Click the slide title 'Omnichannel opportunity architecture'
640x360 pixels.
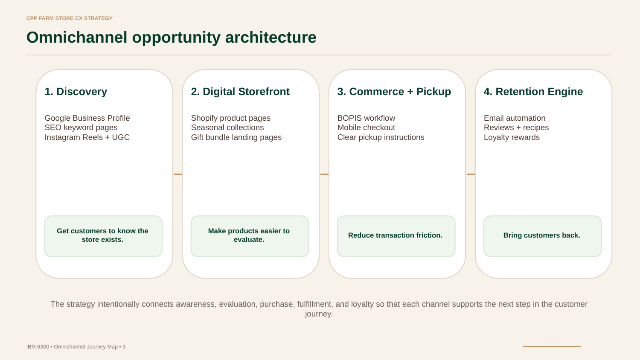click(172, 38)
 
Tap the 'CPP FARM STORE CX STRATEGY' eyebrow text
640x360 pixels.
click(70, 18)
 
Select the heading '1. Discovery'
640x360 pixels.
click(76, 92)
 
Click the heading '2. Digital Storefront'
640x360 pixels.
click(240, 92)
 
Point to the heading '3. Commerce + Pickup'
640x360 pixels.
click(394, 92)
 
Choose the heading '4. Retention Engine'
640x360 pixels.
click(533, 92)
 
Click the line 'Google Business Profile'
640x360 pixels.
click(87, 118)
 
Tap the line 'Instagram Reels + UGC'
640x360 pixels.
click(87, 137)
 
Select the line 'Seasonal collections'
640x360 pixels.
click(227, 128)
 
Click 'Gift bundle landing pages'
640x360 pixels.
click(236, 137)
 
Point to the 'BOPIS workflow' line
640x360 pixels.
click(366, 118)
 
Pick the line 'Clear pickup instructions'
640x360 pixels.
click(381, 137)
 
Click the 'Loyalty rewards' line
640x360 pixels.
click(512, 137)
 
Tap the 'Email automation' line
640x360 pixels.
click(515, 118)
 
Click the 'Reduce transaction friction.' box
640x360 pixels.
click(396, 236)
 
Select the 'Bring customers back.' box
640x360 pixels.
click(543, 236)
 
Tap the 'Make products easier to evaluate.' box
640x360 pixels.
click(250, 236)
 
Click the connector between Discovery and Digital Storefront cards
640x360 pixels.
click(178, 174)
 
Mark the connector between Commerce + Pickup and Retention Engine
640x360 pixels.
click(471, 174)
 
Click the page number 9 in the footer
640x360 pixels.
click(124, 347)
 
